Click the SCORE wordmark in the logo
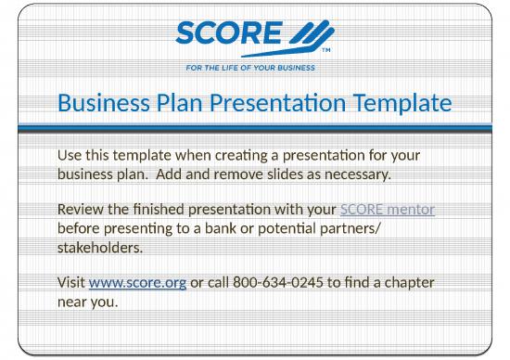pos(226,34)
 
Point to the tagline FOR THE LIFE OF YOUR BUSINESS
pos(254,68)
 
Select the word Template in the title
pos(400,104)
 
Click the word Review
pos(81,211)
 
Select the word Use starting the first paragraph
pos(70,154)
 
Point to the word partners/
pos(350,228)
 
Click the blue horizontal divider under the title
pos(255,128)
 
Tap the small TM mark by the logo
pos(325,52)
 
